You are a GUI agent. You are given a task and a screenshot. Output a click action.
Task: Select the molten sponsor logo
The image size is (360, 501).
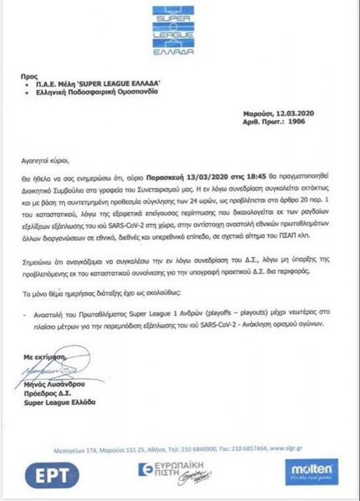pyautogui.click(x=311, y=471)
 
